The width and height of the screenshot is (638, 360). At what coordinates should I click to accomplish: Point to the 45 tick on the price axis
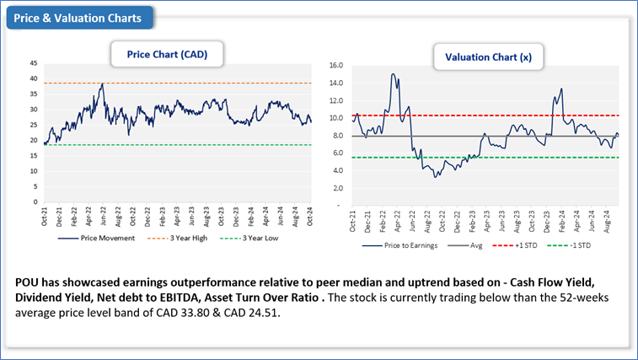[33, 62]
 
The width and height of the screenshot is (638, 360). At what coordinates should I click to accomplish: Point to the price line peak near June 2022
[102, 83]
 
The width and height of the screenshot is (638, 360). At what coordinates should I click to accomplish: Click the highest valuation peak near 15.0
[393, 74]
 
